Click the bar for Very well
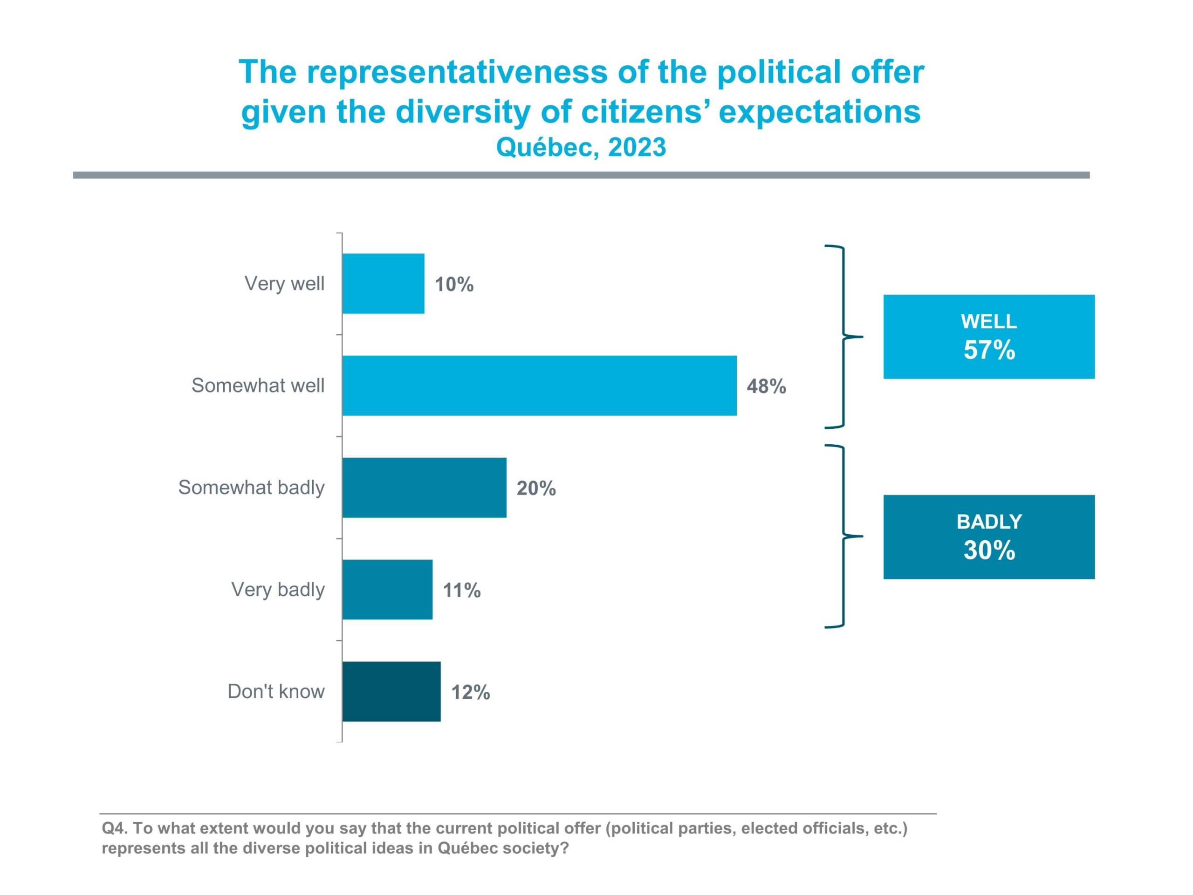click(x=383, y=283)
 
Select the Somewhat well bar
click(x=539, y=385)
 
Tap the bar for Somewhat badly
click(x=424, y=487)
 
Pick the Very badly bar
click(x=387, y=589)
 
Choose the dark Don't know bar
click(x=391, y=691)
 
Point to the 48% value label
click(x=766, y=386)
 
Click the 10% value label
click(x=454, y=284)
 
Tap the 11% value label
click(x=462, y=590)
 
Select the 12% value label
click(x=470, y=692)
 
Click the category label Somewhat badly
click(x=251, y=487)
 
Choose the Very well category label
click(x=284, y=283)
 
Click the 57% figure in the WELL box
click(x=989, y=350)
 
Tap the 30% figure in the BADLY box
click(x=989, y=550)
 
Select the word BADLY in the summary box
click(x=989, y=522)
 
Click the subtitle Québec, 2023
click(x=581, y=147)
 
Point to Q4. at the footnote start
click(x=114, y=828)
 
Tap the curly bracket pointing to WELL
click(x=844, y=337)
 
